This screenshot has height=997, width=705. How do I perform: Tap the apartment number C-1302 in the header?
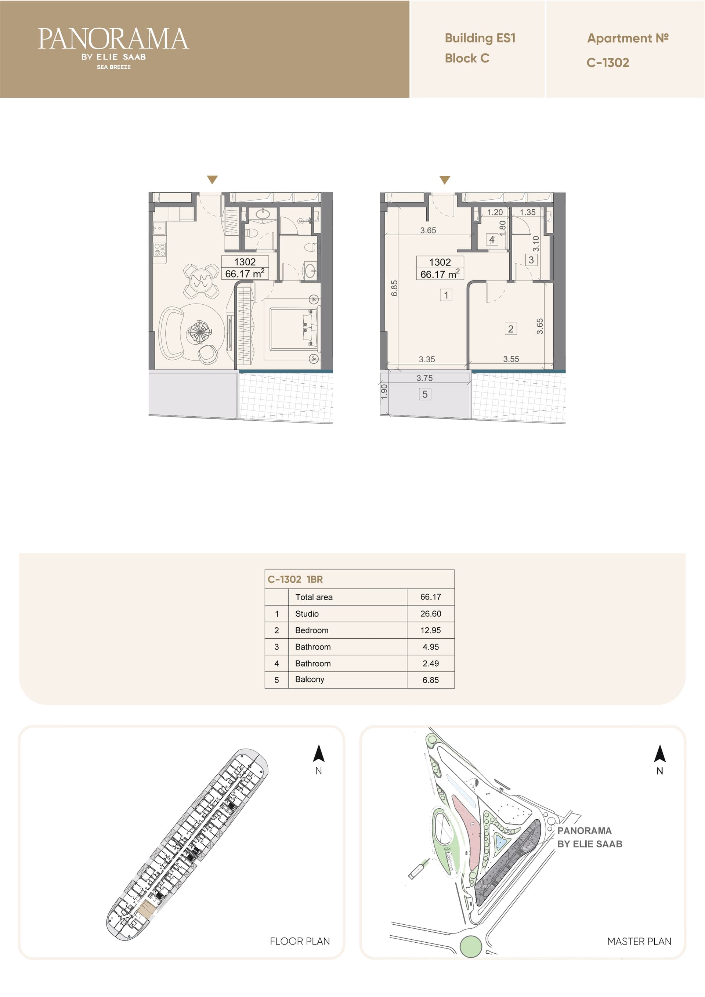pyautogui.click(x=608, y=62)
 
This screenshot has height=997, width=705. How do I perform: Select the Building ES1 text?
pyautogui.click(x=480, y=38)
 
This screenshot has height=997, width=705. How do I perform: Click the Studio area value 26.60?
pyautogui.click(x=430, y=613)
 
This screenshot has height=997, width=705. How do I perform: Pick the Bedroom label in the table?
pyautogui.click(x=311, y=630)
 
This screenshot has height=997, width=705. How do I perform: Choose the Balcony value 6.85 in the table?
pyautogui.click(x=430, y=680)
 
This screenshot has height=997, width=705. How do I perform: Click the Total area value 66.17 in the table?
pyautogui.click(x=430, y=597)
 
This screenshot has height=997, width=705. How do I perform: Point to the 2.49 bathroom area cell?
pyautogui.click(x=430, y=664)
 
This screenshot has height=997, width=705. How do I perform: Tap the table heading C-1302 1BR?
pyautogui.click(x=295, y=579)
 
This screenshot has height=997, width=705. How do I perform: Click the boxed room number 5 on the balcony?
pyautogui.click(x=425, y=394)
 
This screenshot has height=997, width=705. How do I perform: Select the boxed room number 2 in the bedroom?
pyautogui.click(x=511, y=329)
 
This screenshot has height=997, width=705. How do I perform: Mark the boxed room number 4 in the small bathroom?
pyautogui.click(x=492, y=239)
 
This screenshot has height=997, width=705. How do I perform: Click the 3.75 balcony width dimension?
pyautogui.click(x=424, y=378)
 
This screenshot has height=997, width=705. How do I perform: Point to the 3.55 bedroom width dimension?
pyautogui.click(x=511, y=359)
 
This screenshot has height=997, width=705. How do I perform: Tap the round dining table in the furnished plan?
pyautogui.click(x=201, y=280)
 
